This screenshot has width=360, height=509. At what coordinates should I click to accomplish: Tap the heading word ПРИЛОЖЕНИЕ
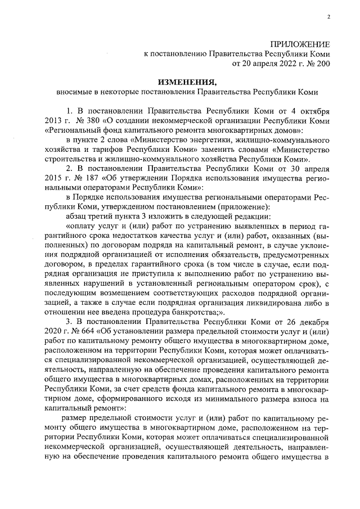point(300,43)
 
